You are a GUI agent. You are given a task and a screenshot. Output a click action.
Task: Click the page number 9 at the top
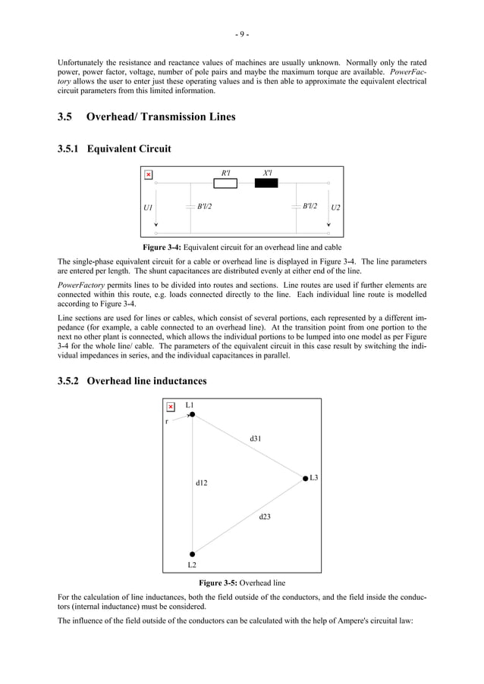point(241,34)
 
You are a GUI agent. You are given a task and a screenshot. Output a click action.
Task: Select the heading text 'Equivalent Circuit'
point(128,149)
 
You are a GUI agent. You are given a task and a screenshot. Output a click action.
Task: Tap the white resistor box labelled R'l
point(225,183)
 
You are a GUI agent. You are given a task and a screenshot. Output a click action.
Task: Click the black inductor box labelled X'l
point(267,183)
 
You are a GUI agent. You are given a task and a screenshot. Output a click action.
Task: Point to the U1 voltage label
point(148,207)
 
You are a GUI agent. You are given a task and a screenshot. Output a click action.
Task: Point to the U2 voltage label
point(335,207)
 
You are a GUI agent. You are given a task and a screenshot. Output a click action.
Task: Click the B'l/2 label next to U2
point(310,206)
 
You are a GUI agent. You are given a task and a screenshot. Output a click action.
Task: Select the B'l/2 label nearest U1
point(204,206)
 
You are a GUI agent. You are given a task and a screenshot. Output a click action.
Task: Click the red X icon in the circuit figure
point(148,175)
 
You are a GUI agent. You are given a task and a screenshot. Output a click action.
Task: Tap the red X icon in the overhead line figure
point(171,407)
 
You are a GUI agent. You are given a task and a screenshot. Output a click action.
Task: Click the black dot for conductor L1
point(193,414)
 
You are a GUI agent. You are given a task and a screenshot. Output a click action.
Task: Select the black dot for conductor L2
point(193,554)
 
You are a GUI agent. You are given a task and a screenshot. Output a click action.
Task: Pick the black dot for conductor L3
point(304,478)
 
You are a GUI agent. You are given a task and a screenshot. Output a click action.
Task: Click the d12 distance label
point(201,482)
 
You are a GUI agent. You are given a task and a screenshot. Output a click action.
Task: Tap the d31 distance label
point(256,438)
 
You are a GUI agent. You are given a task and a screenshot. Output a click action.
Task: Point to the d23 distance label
point(265,517)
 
